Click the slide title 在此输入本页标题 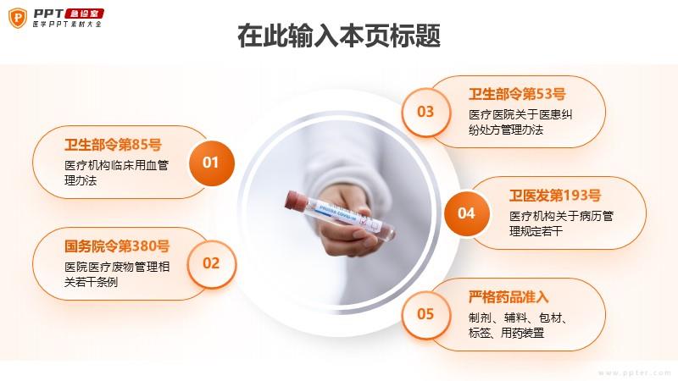click(339, 36)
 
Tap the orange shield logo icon click(18, 18)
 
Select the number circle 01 click(211, 163)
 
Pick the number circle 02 click(211, 263)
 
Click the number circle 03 click(425, 112)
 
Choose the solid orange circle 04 click(467, 213)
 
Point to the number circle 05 click(425, 314)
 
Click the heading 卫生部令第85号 click(113, 145)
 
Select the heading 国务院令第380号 click(117, 246)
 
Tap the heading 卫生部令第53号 click(517, 94)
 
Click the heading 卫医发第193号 click(555, 196)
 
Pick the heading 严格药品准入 click(508, 297)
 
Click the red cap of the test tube click(296, 201)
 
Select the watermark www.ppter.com click(635, 373)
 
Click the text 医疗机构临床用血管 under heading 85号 click(117, 165)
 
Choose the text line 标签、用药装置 click(506, 333)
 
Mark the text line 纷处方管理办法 click(506, 130)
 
